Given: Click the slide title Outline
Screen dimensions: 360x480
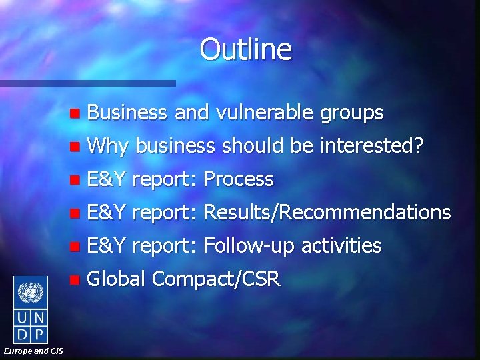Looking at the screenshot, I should tap(245, 49).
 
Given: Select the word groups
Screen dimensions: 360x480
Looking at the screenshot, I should tap(351, 113).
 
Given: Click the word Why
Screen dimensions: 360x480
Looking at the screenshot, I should tap(110, 146).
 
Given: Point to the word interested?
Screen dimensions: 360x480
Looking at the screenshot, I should tap(371, 145).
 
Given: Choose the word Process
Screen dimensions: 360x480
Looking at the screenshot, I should tap(238, 179).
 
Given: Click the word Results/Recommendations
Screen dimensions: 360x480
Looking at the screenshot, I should tap(327, 213).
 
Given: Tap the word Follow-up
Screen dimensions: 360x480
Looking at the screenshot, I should tap(249, 246).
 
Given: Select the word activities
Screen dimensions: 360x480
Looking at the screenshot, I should tap(341, 246).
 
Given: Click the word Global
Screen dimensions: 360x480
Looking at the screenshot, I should tap(117, 279).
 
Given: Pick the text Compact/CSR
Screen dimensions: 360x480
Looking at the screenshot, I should tap(217, 279).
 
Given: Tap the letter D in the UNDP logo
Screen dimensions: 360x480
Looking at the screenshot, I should tap(22, 333).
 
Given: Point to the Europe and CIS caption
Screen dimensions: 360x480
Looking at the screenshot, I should tap(33, 351).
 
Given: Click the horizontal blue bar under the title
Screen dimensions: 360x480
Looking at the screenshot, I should tap(87, 83).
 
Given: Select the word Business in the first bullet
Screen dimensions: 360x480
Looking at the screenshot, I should tap(127, 113).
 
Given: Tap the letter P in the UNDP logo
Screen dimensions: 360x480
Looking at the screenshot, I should tap(39, 333).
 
